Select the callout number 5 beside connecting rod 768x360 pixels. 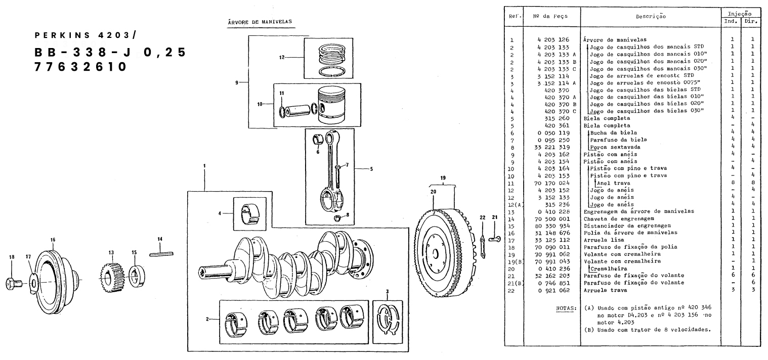[x=371, y=169]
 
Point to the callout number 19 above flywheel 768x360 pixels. [x=442, y=178]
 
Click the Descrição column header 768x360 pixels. [x=651, y=16]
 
